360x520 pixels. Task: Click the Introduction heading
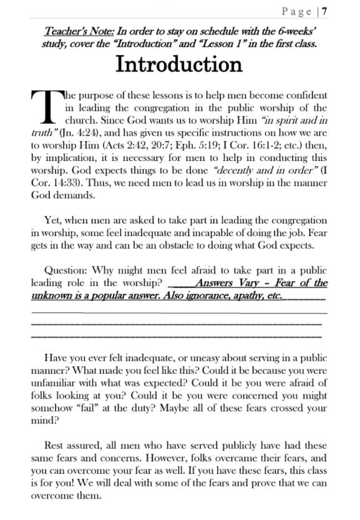pyautogui.click(x=180, y=64)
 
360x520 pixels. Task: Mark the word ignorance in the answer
pyautogui.click(x=207, y=295)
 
